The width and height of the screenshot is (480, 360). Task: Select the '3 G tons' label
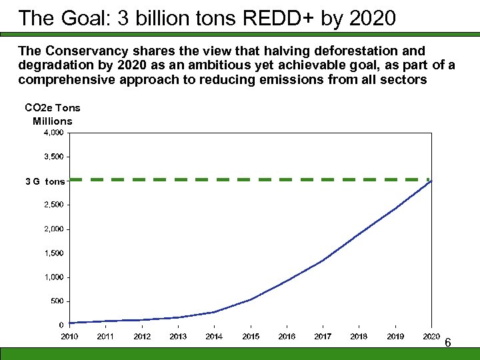pos(45,181)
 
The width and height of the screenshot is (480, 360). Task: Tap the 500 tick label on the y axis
pos(57,301)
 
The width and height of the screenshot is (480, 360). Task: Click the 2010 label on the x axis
pos(69,337)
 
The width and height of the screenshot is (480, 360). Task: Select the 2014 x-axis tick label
pos(214,337)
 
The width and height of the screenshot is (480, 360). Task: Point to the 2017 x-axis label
pos(323,337)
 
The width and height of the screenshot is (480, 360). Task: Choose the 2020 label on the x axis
pos(431,337)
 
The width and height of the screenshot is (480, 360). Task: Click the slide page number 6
pos(448,343)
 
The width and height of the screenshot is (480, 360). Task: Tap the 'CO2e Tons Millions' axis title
pos(52,114)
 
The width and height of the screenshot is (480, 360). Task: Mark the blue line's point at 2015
pos(251,299)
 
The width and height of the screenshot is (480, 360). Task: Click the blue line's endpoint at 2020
pos(431,181)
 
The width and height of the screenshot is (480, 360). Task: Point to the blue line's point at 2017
pos(323,260)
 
